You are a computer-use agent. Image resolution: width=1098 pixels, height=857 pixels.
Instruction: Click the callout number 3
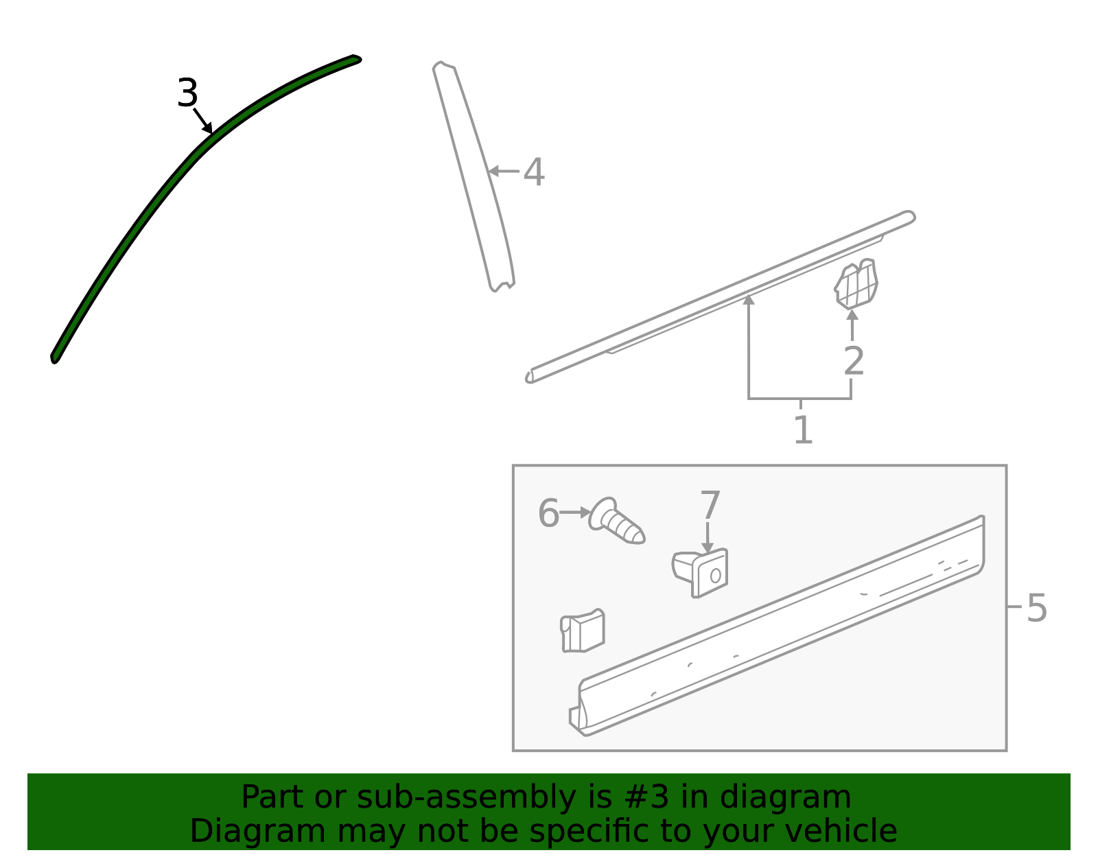(187, 93)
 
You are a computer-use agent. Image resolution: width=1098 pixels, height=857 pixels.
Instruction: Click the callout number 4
(534, 172)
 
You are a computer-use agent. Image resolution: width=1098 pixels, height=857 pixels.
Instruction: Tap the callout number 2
(854, 361)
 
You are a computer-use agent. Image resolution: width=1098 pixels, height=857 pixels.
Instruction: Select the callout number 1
(803, 430)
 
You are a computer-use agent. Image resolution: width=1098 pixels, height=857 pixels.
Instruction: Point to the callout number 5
(1037, 609)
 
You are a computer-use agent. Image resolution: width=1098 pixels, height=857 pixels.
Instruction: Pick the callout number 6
(549, 513)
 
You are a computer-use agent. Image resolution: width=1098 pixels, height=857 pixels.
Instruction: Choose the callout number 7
(710, 504)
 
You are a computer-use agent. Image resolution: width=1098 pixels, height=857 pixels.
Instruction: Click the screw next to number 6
(616, 521)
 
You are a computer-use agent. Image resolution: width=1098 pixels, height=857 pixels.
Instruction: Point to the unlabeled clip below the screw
(582, 631)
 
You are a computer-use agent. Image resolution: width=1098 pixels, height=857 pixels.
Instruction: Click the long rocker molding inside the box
(778, 626)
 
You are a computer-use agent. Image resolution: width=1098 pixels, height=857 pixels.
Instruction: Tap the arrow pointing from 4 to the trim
(504, 172)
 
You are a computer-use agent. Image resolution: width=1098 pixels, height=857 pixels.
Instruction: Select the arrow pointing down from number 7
(708, 538)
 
